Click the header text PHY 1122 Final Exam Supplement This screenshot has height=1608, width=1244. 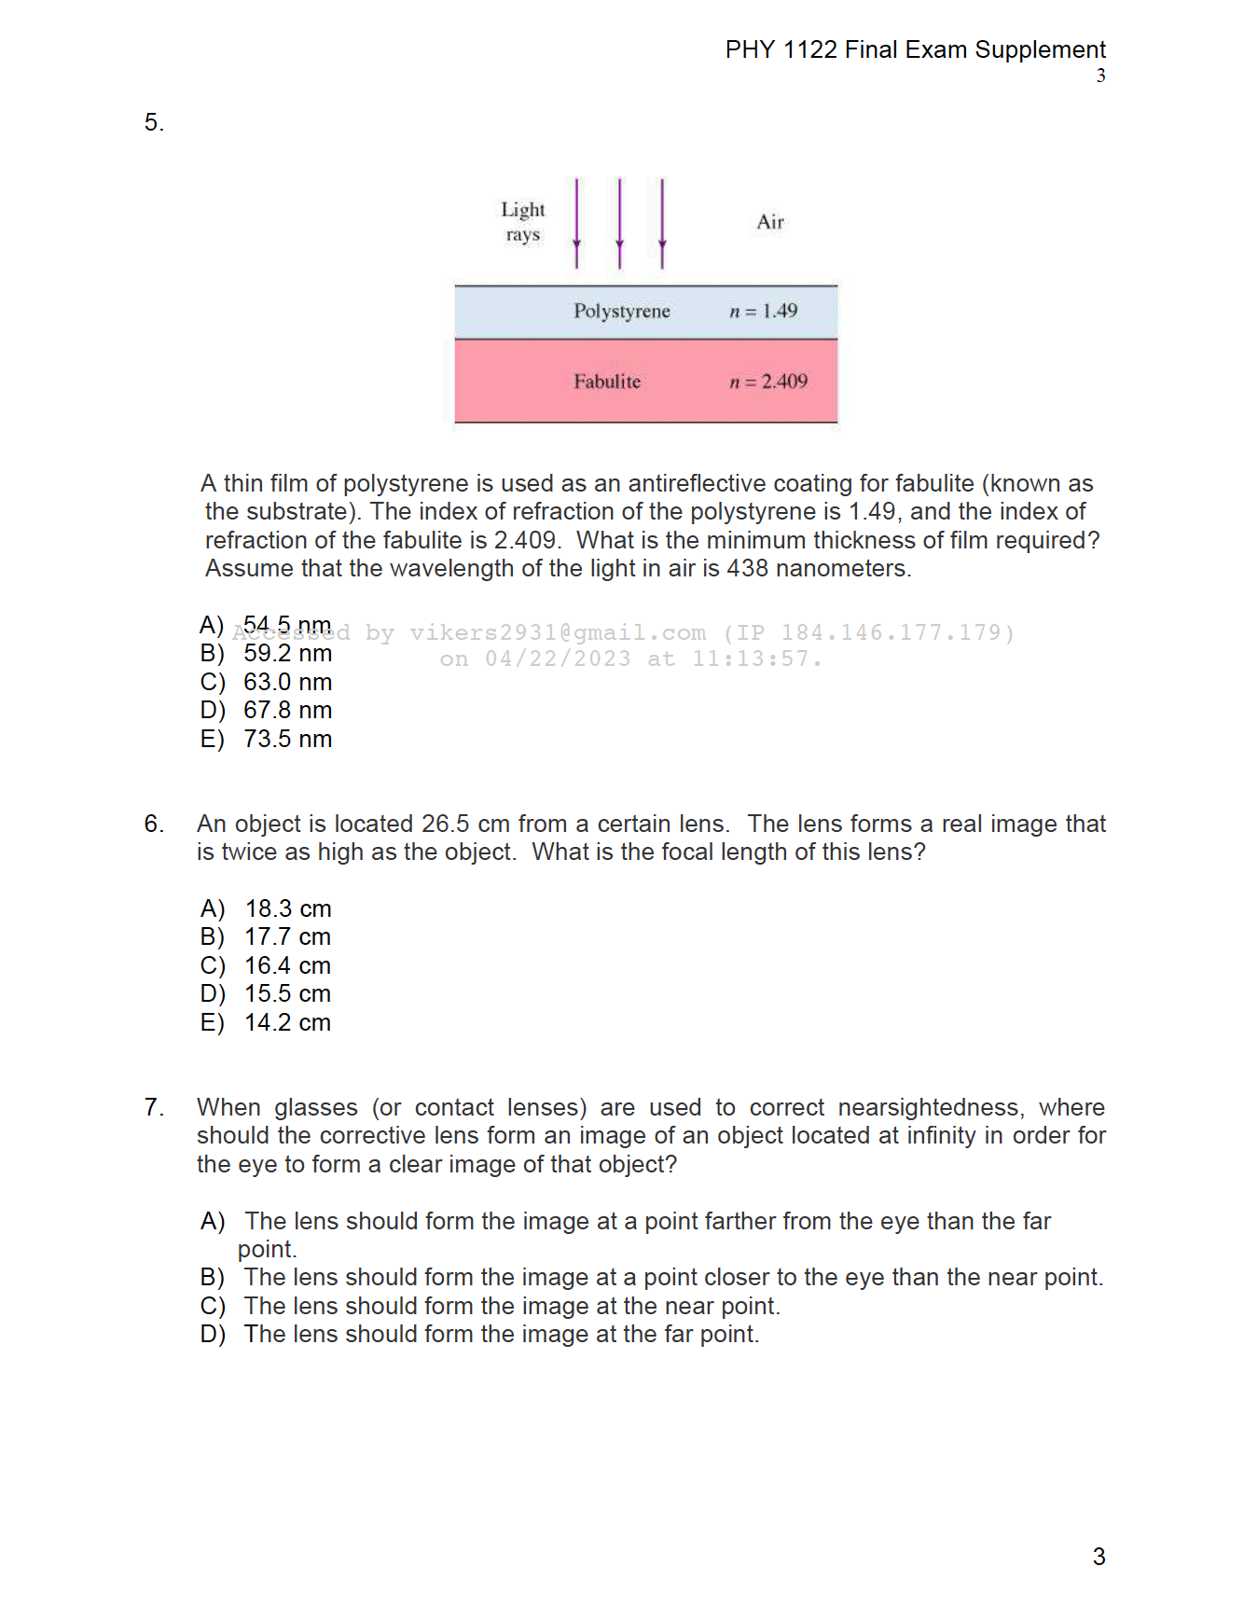(x=915, y=49)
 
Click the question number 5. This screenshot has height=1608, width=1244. (x=154, y=122)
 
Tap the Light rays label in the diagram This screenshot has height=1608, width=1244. (x=522, y=221)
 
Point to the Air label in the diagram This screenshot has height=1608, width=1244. (x=770, y=222)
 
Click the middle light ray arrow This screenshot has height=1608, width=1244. (x=619, y=224)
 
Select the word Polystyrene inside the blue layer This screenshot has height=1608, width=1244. (x=621, y=311)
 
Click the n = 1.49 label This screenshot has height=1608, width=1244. (x=763, y=311)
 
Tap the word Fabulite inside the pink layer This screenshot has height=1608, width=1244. (x=607, y=381)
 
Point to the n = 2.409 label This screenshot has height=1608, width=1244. (x=768, y=381)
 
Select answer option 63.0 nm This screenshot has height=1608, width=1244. (x=287, y=683)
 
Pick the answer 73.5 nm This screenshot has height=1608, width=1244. (x=287, y=740)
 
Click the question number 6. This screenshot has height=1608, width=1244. (x=154, y=824)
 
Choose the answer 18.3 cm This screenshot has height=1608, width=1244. (x=287, y=909)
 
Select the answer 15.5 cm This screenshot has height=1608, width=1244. (x=287, y=994)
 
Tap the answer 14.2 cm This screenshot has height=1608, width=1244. (x=287, y=1023)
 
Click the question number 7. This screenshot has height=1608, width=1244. (x=154, y=1107)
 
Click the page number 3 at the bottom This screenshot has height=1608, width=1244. (x=1099, y=1556)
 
